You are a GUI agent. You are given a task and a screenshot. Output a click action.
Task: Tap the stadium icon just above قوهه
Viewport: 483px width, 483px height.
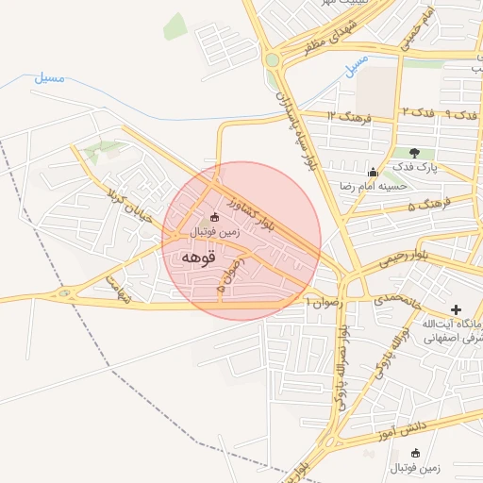click(x=214, y=218)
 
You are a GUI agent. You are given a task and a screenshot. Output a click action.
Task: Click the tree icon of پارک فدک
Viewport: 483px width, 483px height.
click(x=415, y=153)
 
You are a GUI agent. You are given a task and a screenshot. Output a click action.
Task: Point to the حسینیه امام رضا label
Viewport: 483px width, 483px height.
click(x=375, y=186)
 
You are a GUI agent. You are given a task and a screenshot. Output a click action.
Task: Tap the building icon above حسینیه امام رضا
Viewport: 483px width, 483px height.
click(x=374, y=172)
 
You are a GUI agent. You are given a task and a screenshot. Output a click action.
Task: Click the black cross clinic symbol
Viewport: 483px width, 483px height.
click(x=458, y=308)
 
